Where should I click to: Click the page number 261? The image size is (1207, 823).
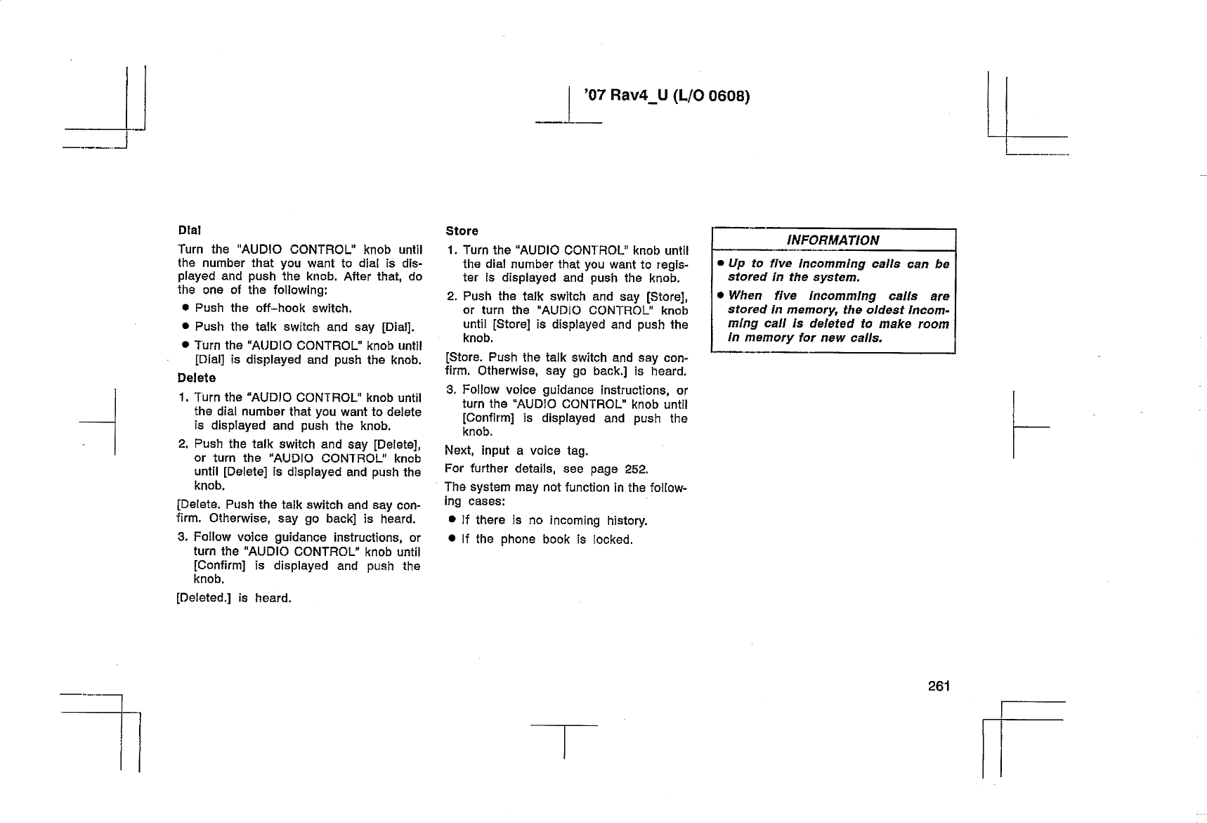(x=938, y=686)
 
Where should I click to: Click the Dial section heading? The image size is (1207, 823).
(x=189, y=230)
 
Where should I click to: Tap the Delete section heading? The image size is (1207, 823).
(x=196, y=378)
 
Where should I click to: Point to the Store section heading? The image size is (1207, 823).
(x=462, y=231)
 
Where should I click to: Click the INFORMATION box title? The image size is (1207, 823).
(x=833, y=240)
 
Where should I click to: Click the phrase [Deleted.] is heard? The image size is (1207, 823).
(x=233, y=598)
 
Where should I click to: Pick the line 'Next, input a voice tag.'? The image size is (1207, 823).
(x=516, y=451)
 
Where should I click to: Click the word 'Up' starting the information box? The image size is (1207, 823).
(x=736, y=264)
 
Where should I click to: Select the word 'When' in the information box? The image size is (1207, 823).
(x=745, y=296)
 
